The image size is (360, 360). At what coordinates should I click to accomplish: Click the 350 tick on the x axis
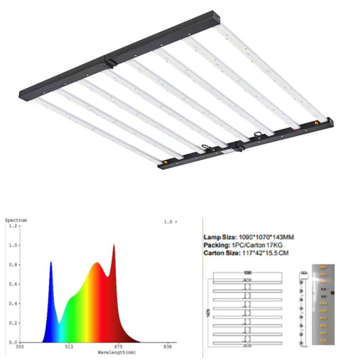coord(19,346)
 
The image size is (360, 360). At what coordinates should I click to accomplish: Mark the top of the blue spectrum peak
coord(51,263)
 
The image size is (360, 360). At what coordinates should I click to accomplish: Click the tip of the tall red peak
coord(113,246)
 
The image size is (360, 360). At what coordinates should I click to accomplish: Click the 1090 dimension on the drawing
coord(247,274)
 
